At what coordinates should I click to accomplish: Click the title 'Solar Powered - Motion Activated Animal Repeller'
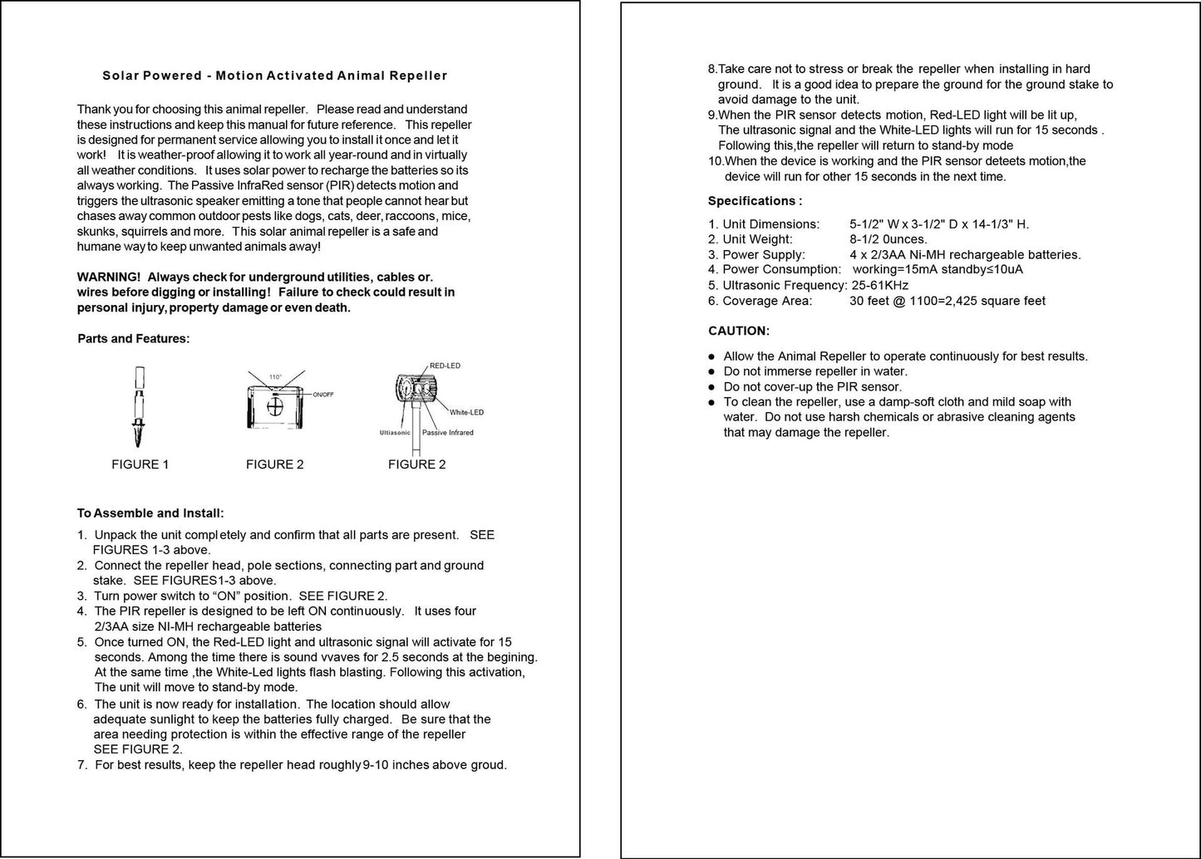tap(274, 76)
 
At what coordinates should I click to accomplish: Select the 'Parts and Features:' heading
tap(133, 338)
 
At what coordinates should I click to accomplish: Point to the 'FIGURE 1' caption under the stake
tap(140, 464)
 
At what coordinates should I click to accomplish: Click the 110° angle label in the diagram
tap(275, 376)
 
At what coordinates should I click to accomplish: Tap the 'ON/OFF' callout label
tap(323, 394)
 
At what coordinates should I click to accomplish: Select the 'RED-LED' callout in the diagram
tap(445, 366)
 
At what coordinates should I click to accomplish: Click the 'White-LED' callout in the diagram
tap(466, 412)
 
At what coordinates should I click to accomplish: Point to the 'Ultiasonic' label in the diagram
tap(395, 433)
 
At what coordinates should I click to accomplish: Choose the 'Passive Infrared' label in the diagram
tap(448, 433)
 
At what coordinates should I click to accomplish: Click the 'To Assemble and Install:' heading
tap(150, 513)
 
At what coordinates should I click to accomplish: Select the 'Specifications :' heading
tap(755, 201)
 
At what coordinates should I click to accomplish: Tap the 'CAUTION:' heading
tap(739, 331)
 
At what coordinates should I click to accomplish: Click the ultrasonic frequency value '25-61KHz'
tap(880, 285)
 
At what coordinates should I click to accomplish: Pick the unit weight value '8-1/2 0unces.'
tap(888, 239)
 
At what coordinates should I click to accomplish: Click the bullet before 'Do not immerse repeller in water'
tap(711, 371)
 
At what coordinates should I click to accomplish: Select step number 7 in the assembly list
tap(81, 765)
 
